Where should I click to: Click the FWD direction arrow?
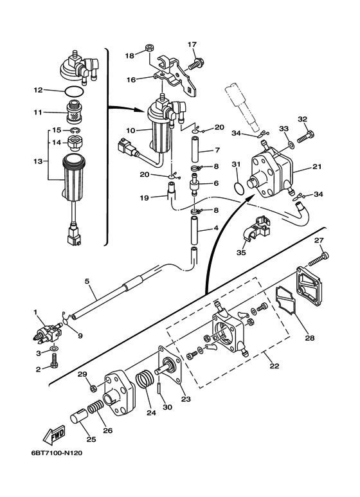click(54, 434)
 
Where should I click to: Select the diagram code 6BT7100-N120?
click(57, 453)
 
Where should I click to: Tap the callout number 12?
click(38, 91)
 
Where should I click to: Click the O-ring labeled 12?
click(75, 92)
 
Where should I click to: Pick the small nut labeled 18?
click(149, 48)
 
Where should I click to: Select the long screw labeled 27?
click(318, 258)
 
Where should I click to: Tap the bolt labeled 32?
click(306, 137)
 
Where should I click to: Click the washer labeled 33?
click(291, 145)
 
